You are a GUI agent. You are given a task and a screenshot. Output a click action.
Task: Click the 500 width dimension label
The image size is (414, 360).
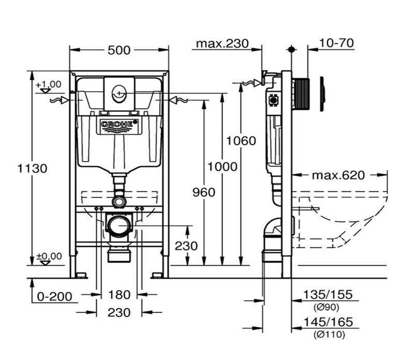[119, 50]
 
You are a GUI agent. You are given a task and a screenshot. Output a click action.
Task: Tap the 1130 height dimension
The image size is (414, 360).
[32, 168]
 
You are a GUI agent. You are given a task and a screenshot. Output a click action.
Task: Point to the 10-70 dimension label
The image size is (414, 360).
[337, 44]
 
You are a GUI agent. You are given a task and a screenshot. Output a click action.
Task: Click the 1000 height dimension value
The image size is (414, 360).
[223, 166]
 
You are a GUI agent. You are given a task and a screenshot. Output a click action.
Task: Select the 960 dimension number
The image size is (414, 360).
[203, 192]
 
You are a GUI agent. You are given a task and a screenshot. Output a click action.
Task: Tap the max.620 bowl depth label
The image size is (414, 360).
[338, 175]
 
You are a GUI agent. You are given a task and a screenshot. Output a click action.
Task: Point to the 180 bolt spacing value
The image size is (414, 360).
[119, 295]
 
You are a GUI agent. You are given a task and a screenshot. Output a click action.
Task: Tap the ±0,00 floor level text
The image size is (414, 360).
[49, 256]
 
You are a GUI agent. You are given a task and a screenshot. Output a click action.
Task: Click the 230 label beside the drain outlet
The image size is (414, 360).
[186, 246]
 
